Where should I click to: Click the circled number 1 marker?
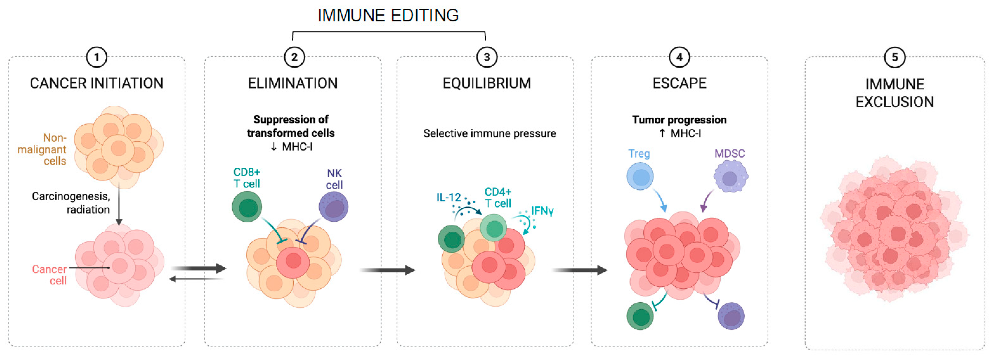tap(96, 57)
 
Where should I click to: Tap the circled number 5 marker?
tap(895, 57)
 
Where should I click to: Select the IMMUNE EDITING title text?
tap(388, 15)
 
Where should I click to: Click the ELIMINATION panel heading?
tap(293, 83)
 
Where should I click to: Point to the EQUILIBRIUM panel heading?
tap(486, 83)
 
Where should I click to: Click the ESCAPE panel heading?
tap(679, 83)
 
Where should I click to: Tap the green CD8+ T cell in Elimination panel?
tap(247, 207)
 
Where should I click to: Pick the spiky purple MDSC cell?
tap(730, 177)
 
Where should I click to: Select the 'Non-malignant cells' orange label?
tap(42, 150)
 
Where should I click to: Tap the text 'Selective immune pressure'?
tap(489, 134)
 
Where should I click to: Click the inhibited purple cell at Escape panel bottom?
tap(731, 316)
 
